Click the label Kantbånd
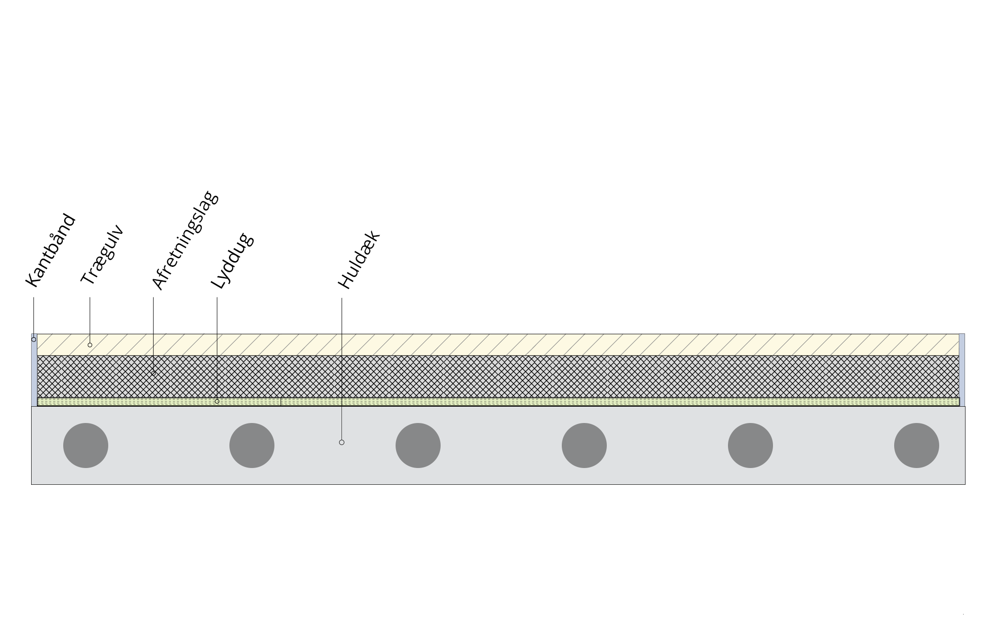pos(51,251)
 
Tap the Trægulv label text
pos(102,255)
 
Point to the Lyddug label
pos(232,261)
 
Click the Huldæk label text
pos(359,260)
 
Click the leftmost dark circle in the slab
pos(86,446)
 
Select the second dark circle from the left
pos(252,446)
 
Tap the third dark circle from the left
pos(418,446)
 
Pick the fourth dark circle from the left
pos(584,446)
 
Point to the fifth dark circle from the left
pos(750,446)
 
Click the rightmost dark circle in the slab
pos(917,446)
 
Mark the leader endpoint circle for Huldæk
pos(341,442)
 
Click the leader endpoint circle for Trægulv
pos(90,345)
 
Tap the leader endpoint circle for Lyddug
pos(217,401)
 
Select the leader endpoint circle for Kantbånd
pos(34,340)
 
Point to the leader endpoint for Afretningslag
pos(153,373)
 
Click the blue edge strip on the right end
pos(962,370)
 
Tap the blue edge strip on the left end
pos(34,370)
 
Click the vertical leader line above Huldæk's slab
pos(341,369)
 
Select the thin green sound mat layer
pos(498,402)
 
